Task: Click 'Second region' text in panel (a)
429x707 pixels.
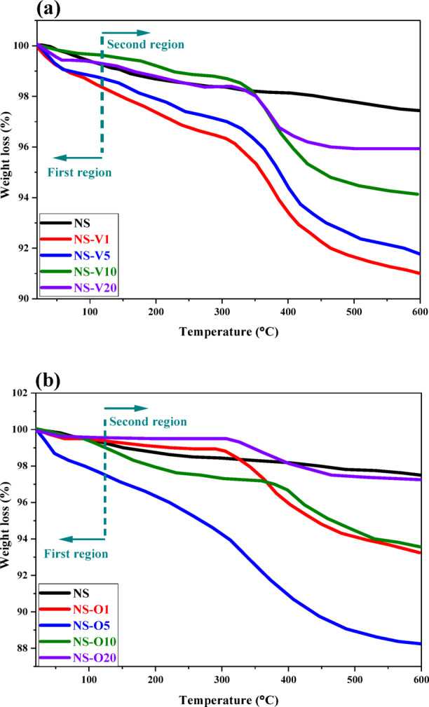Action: (145, 45)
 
